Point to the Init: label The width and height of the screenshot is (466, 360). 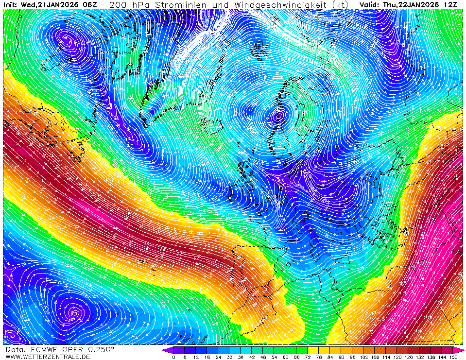click(x=10, y=5)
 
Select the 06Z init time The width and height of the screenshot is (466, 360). click(x=90, y=5)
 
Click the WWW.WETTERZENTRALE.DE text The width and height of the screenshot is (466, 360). click(x=48, y=357)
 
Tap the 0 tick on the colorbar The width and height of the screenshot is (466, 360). click(x=173, y=357)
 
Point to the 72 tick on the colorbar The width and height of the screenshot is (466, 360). click(x=308, y=357)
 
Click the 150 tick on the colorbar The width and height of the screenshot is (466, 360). click(x=453, y=357)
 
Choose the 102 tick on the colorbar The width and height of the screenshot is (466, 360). click(x=363, y=357)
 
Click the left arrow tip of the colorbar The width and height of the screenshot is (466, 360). click(x=164, y=350)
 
